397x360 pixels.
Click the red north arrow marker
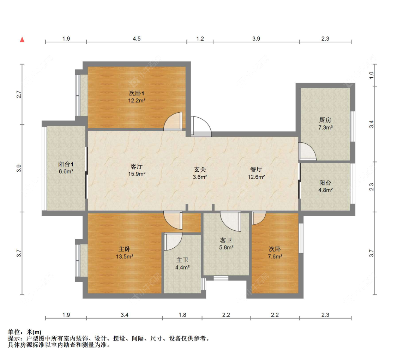point(22,39)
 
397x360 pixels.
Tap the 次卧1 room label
point(137,93)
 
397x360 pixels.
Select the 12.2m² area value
point(137,100)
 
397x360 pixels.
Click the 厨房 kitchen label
point(325,120)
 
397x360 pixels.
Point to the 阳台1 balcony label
point(66,164)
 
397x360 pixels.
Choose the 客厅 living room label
point(137,166)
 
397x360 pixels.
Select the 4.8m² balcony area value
point(325,190)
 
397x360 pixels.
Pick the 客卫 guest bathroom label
point(226,240)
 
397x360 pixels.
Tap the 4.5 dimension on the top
point(137,39)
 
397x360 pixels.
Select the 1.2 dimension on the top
point(200,39)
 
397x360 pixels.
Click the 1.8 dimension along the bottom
point(182,315)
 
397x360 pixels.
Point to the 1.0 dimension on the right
point(371,75)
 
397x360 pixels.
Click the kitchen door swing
point(306,151)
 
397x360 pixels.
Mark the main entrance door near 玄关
point(201,126)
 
